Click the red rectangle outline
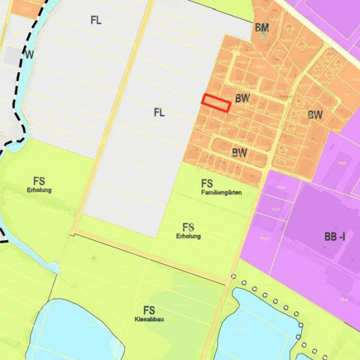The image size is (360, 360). pos(216,103)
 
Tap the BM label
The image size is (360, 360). pos(262,28)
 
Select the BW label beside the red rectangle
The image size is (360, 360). pos(242,97)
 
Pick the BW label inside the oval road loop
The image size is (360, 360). pos(239,152)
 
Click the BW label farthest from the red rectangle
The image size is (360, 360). pos(315,115)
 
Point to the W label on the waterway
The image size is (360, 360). pos(29,55)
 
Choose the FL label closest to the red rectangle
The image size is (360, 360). pos(159,112)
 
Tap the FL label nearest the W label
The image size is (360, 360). pos(96,20)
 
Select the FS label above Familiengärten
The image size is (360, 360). pos(208,184)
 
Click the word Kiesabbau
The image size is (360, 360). pos(149,319)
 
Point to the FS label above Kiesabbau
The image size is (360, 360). pos(149,310)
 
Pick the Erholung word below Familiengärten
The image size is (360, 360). pos(188,236)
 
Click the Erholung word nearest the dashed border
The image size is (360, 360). pos(40,190)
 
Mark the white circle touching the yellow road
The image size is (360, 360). pos(233,277)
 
